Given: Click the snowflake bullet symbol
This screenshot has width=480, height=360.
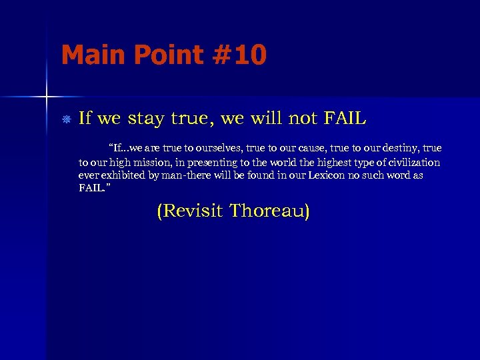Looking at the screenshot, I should point(65,120).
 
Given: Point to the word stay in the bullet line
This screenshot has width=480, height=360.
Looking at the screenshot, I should point(144,119).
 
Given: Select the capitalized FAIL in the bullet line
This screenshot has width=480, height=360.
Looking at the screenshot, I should point(344,119).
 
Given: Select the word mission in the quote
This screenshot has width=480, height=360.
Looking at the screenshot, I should point(147,163).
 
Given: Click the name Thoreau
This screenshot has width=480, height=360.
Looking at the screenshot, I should point(270,212).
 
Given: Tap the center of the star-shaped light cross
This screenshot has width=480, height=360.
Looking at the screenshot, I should point(47,97).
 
